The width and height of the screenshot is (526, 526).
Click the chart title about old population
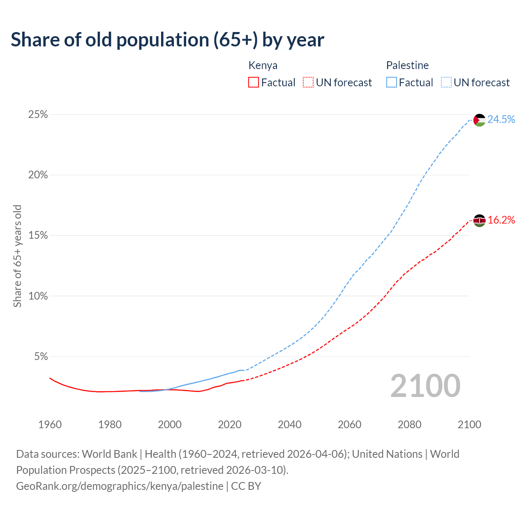[167, 40]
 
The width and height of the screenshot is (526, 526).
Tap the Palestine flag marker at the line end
[479, 120]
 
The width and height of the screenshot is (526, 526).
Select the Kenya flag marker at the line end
[479, 221]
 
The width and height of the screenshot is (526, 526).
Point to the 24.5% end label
[501, 119]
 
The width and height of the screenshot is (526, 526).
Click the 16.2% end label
[501, 220]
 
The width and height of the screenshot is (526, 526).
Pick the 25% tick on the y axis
[38, 115]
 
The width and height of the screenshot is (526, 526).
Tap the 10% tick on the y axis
[38, 296]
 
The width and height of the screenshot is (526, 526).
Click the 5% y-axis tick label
[41, 357]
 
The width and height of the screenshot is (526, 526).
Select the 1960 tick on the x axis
[50, 424]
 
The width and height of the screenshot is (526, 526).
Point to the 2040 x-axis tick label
[289, 424]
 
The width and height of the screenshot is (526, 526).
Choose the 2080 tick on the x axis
[409, 424]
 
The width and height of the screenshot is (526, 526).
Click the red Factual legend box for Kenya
[254, 83]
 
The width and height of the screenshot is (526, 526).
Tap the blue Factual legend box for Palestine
[392, 83]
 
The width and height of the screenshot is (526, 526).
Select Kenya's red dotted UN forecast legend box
[308, 83]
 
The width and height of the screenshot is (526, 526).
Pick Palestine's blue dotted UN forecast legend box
[446, 83]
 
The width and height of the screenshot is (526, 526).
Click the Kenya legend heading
[263, 65]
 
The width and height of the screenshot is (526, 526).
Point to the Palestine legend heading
[407, 65]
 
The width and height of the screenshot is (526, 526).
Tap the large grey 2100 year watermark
[425, 386]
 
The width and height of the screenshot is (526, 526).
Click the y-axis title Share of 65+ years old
[17, 256]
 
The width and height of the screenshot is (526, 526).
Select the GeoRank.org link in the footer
[120, 486]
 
